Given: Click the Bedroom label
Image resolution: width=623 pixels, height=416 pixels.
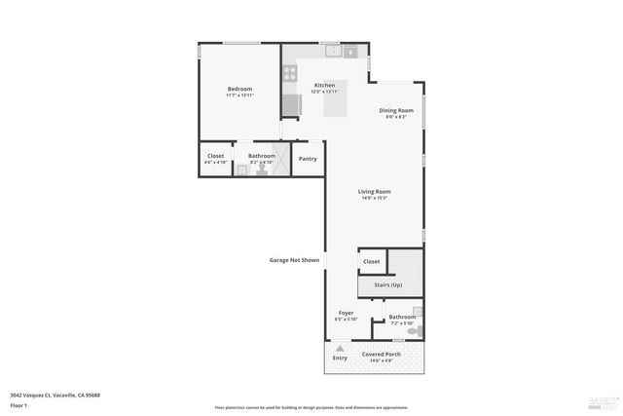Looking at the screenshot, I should click(x=239, y=89).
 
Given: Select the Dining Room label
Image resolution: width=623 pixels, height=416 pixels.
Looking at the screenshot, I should click(x=396, y=110).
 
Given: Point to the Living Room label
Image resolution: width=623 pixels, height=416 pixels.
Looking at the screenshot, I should click(x=375, y=192).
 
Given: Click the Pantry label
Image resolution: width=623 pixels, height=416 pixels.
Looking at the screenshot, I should click(x=308, y=159).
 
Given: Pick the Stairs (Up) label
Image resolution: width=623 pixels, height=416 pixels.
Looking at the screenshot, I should click(x=388, y=284).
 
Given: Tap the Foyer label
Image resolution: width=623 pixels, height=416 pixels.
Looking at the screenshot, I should click(x=346, y=313).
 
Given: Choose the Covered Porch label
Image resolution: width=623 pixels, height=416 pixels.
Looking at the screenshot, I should click(x=382, y=354).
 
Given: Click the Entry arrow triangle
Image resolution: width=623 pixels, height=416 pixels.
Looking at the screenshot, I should click(x=340, y=348).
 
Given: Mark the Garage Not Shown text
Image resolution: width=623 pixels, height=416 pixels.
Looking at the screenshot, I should click(x=295, y=260).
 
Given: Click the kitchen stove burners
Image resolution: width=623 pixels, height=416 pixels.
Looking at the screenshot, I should click(x=290, y=73).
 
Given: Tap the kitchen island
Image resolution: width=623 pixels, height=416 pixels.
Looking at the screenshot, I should click(x=336, y=104).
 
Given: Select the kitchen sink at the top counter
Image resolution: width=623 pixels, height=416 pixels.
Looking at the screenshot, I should click(x=334, y=51).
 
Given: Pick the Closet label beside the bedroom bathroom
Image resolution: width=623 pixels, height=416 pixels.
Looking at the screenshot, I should click(x=216, y=156).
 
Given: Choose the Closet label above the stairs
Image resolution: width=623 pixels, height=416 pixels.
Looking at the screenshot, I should click(x=372, y=262).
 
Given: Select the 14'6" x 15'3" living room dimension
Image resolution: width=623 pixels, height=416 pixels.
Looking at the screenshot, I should click(x=375, y=199).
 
